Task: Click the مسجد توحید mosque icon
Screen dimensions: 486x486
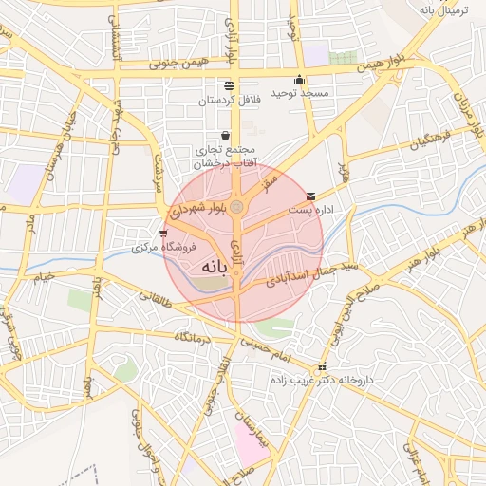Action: [300, 80]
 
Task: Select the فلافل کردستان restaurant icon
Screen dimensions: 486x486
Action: [229, 85]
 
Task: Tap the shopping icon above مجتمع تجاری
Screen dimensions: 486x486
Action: [225, 135]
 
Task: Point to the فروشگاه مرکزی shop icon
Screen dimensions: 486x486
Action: [163, 234]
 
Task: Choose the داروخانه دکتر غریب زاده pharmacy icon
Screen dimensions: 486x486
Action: [323, 366]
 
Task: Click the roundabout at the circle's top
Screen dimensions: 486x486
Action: [237, 207]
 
